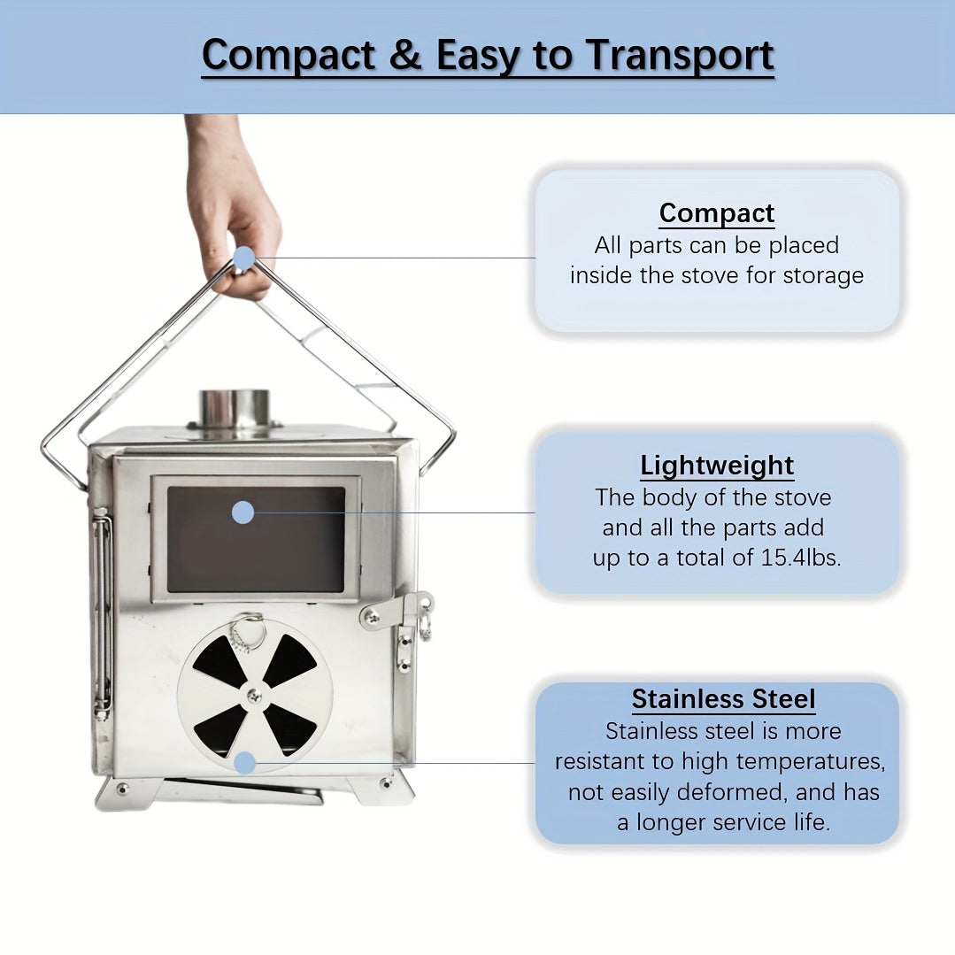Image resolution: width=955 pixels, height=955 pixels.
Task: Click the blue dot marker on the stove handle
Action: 243,258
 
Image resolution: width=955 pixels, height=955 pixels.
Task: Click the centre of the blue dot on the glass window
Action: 243,512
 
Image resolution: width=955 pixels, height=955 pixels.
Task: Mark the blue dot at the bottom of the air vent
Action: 245,763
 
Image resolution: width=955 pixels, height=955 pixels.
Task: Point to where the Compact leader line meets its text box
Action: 535,258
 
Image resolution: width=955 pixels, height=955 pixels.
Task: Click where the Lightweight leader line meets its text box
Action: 535,512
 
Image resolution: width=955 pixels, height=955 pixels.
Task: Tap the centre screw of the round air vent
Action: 255,694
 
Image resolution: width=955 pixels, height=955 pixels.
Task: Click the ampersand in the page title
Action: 405,55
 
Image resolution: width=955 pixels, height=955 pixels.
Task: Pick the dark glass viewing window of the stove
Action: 256,539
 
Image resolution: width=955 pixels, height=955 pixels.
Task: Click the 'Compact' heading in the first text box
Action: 717,213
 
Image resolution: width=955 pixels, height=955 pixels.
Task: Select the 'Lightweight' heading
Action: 717,466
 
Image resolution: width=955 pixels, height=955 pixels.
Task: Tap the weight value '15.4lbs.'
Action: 801,558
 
